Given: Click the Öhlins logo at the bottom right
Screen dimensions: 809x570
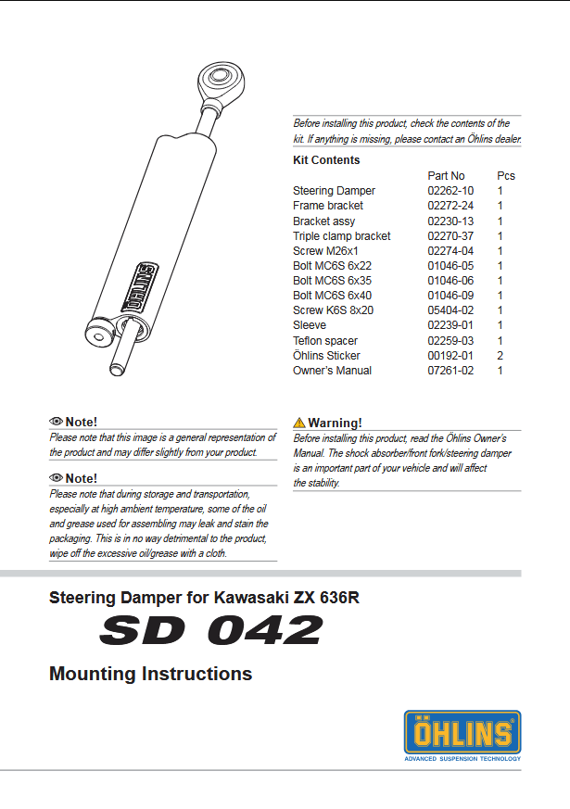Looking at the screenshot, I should click(462, 734).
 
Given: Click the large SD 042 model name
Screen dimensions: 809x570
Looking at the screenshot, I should click(211, 631).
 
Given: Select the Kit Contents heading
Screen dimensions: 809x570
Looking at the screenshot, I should click(326, 160).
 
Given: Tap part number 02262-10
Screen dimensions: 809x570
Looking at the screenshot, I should click(450, 191).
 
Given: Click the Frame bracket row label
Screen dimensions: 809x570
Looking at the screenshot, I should click(327, 206).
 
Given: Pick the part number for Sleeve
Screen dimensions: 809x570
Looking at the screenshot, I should click(450, 325).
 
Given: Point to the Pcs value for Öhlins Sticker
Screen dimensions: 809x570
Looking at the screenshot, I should click(500, 356).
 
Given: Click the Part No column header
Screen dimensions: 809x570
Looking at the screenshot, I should click(446, 175).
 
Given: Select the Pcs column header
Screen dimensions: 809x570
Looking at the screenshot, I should click(506, 175).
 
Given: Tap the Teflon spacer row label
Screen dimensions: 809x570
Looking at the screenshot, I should click(325, 341).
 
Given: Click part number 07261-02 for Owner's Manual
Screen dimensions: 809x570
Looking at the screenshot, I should click(450, 371).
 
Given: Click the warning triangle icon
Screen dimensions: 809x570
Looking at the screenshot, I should click(299, 423).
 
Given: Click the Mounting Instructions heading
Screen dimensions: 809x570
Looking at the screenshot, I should click(150, 674).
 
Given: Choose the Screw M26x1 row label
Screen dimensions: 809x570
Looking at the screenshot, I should click(325, 251).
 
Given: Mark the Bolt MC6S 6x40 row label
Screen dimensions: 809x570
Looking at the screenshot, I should click(332, 296).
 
